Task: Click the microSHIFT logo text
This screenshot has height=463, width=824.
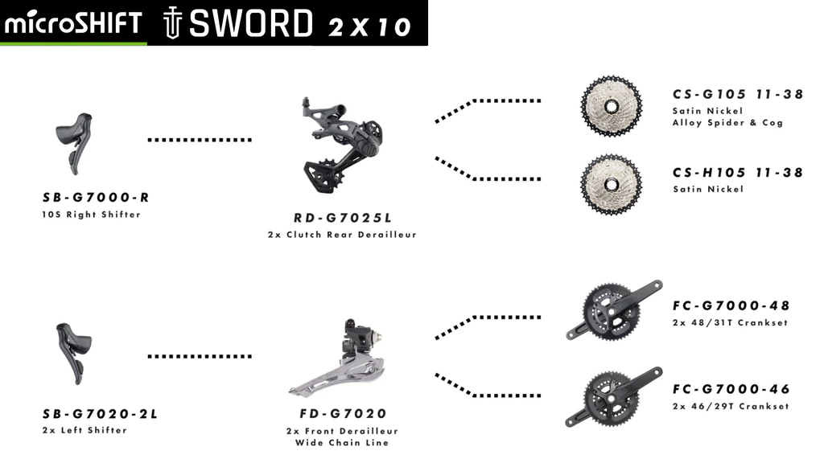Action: click(x=73, y=23)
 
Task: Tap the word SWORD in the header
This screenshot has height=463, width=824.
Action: click(x=250, y=24)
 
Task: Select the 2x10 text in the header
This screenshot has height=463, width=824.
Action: click(x=370, y=27)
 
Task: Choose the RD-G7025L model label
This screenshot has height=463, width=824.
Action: click(x=342, y=218)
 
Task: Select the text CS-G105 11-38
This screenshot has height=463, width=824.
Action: click(x=738, y=94)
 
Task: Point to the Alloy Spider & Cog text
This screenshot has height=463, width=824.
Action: click(x=727, y=123)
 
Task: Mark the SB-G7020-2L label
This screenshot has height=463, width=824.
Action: click(x=100, y=414)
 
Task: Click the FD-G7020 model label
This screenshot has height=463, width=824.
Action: click(x=342, y=414)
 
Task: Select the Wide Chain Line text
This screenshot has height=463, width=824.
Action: click(x=342, y=443)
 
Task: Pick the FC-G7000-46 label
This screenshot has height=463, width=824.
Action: click(x=731, y=389)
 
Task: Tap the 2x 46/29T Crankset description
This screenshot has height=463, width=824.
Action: click(x=731, y=407)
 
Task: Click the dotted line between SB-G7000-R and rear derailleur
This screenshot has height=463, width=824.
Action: click(x=200, y=140)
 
